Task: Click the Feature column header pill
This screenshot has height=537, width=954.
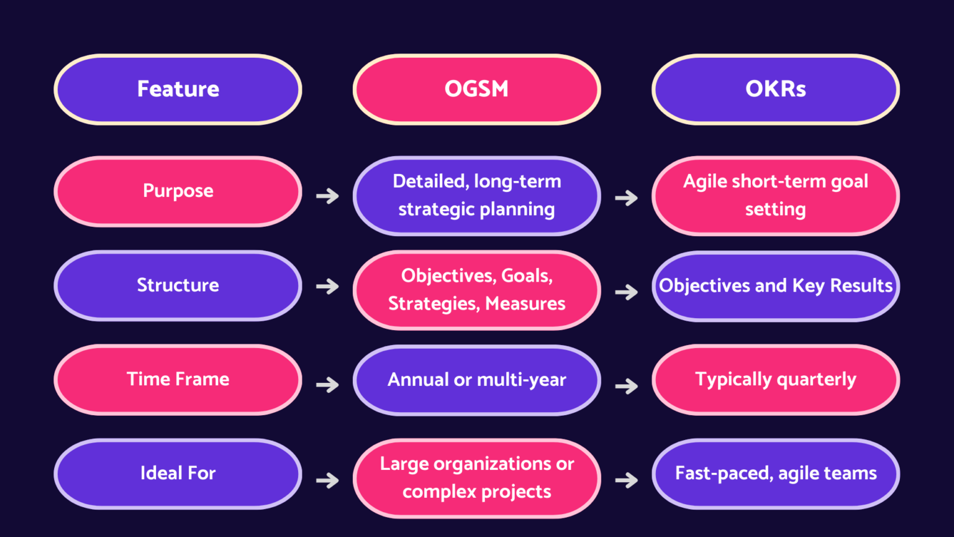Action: pos(178,89)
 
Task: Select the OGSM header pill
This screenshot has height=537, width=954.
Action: pos(476,89)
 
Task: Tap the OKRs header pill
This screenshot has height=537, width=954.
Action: pos(775,89)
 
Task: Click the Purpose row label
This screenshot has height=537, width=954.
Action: pos(178,191)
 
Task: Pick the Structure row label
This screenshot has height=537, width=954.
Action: pos(178,285)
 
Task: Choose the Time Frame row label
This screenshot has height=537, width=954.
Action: pos(178,379)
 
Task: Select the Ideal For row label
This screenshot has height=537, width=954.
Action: pos(178,474)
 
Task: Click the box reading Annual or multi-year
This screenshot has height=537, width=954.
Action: pos(476,380)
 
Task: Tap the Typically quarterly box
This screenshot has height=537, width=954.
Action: pos(775,379)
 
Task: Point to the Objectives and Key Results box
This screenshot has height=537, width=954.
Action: pos(775,286)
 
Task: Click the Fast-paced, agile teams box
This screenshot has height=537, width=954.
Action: pos(775,474)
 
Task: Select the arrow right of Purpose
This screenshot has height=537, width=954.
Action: pos(327,196)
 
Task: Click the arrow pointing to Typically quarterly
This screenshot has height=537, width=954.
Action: pos(626,386)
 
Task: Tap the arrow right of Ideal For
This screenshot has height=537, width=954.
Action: pos(327,480)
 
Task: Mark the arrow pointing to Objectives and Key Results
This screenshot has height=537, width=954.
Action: pos(626,292)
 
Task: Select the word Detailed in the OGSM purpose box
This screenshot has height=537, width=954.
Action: pos(430,181)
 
